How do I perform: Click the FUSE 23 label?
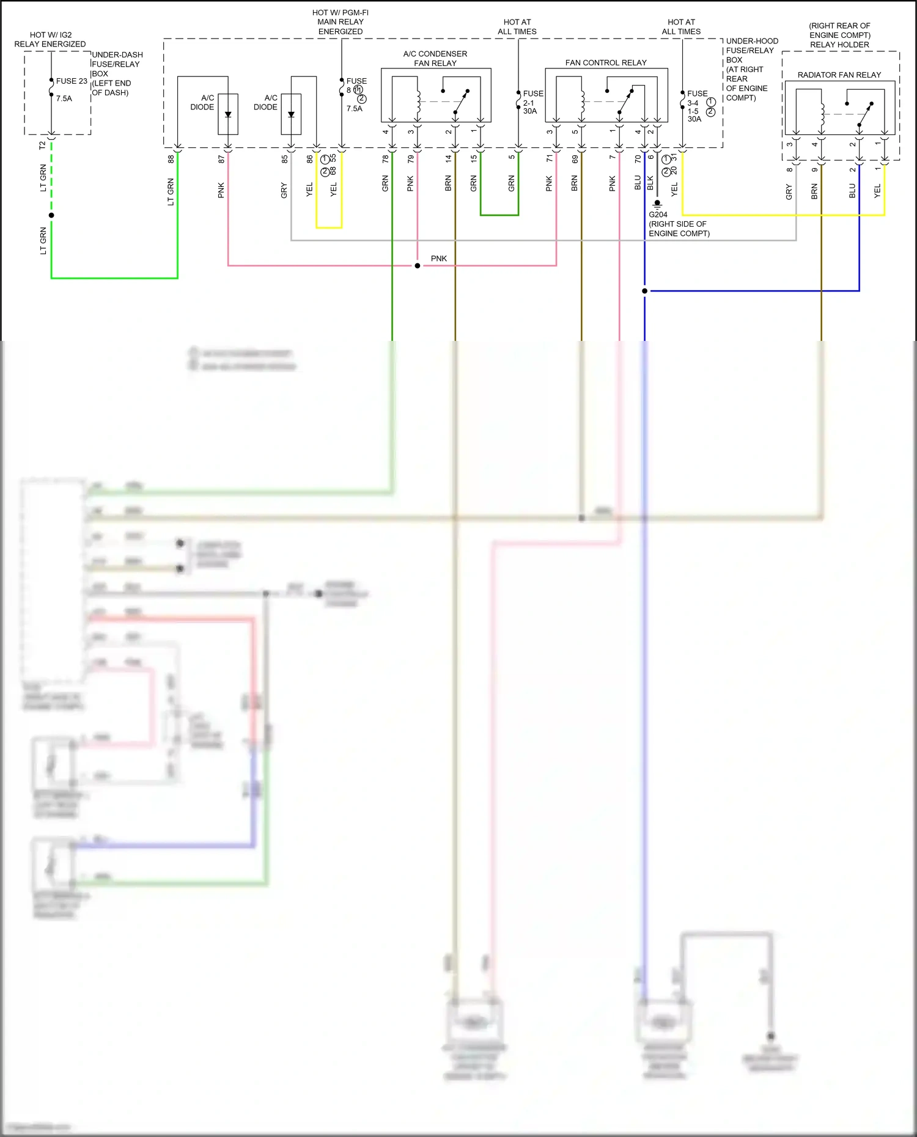(72, 81)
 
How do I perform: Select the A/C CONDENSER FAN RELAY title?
(435, 59)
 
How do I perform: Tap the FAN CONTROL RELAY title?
(605, 62)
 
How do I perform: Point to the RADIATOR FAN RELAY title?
(839, 75)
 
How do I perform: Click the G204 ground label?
(658, 214)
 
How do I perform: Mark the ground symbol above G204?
(657, 203)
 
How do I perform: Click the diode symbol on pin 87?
(228, 114)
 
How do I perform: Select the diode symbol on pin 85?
(291, 114)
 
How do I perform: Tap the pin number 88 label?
(171, 158)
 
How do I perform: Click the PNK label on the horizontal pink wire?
(438, 258)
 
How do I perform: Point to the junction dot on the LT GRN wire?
(51, 215)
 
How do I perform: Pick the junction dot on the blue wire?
(644, 291)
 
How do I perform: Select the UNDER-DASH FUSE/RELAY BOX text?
(117, 73)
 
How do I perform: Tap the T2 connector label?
(42, 145)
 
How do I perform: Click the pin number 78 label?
(385, 158)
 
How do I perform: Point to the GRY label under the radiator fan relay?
(789, 192)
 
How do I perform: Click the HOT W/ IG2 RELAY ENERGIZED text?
(50, 40)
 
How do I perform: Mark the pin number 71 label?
(549, 158)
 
